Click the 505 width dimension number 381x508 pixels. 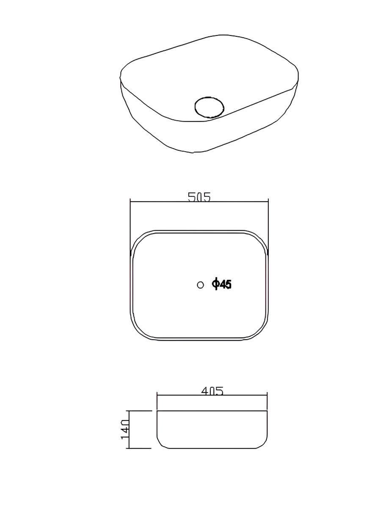click(x=199, y=197)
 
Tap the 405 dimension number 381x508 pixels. click(x=213, y=391)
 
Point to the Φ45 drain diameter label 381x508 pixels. click(x=222, y=284)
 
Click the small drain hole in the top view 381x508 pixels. click(x=200, y=285)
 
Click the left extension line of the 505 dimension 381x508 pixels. click(x=130, y=227)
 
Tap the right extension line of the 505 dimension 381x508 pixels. click(x=268, y=226)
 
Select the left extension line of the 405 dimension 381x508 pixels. click(x=157, y=401)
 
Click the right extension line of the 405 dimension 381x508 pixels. click(x=267, y=401)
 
